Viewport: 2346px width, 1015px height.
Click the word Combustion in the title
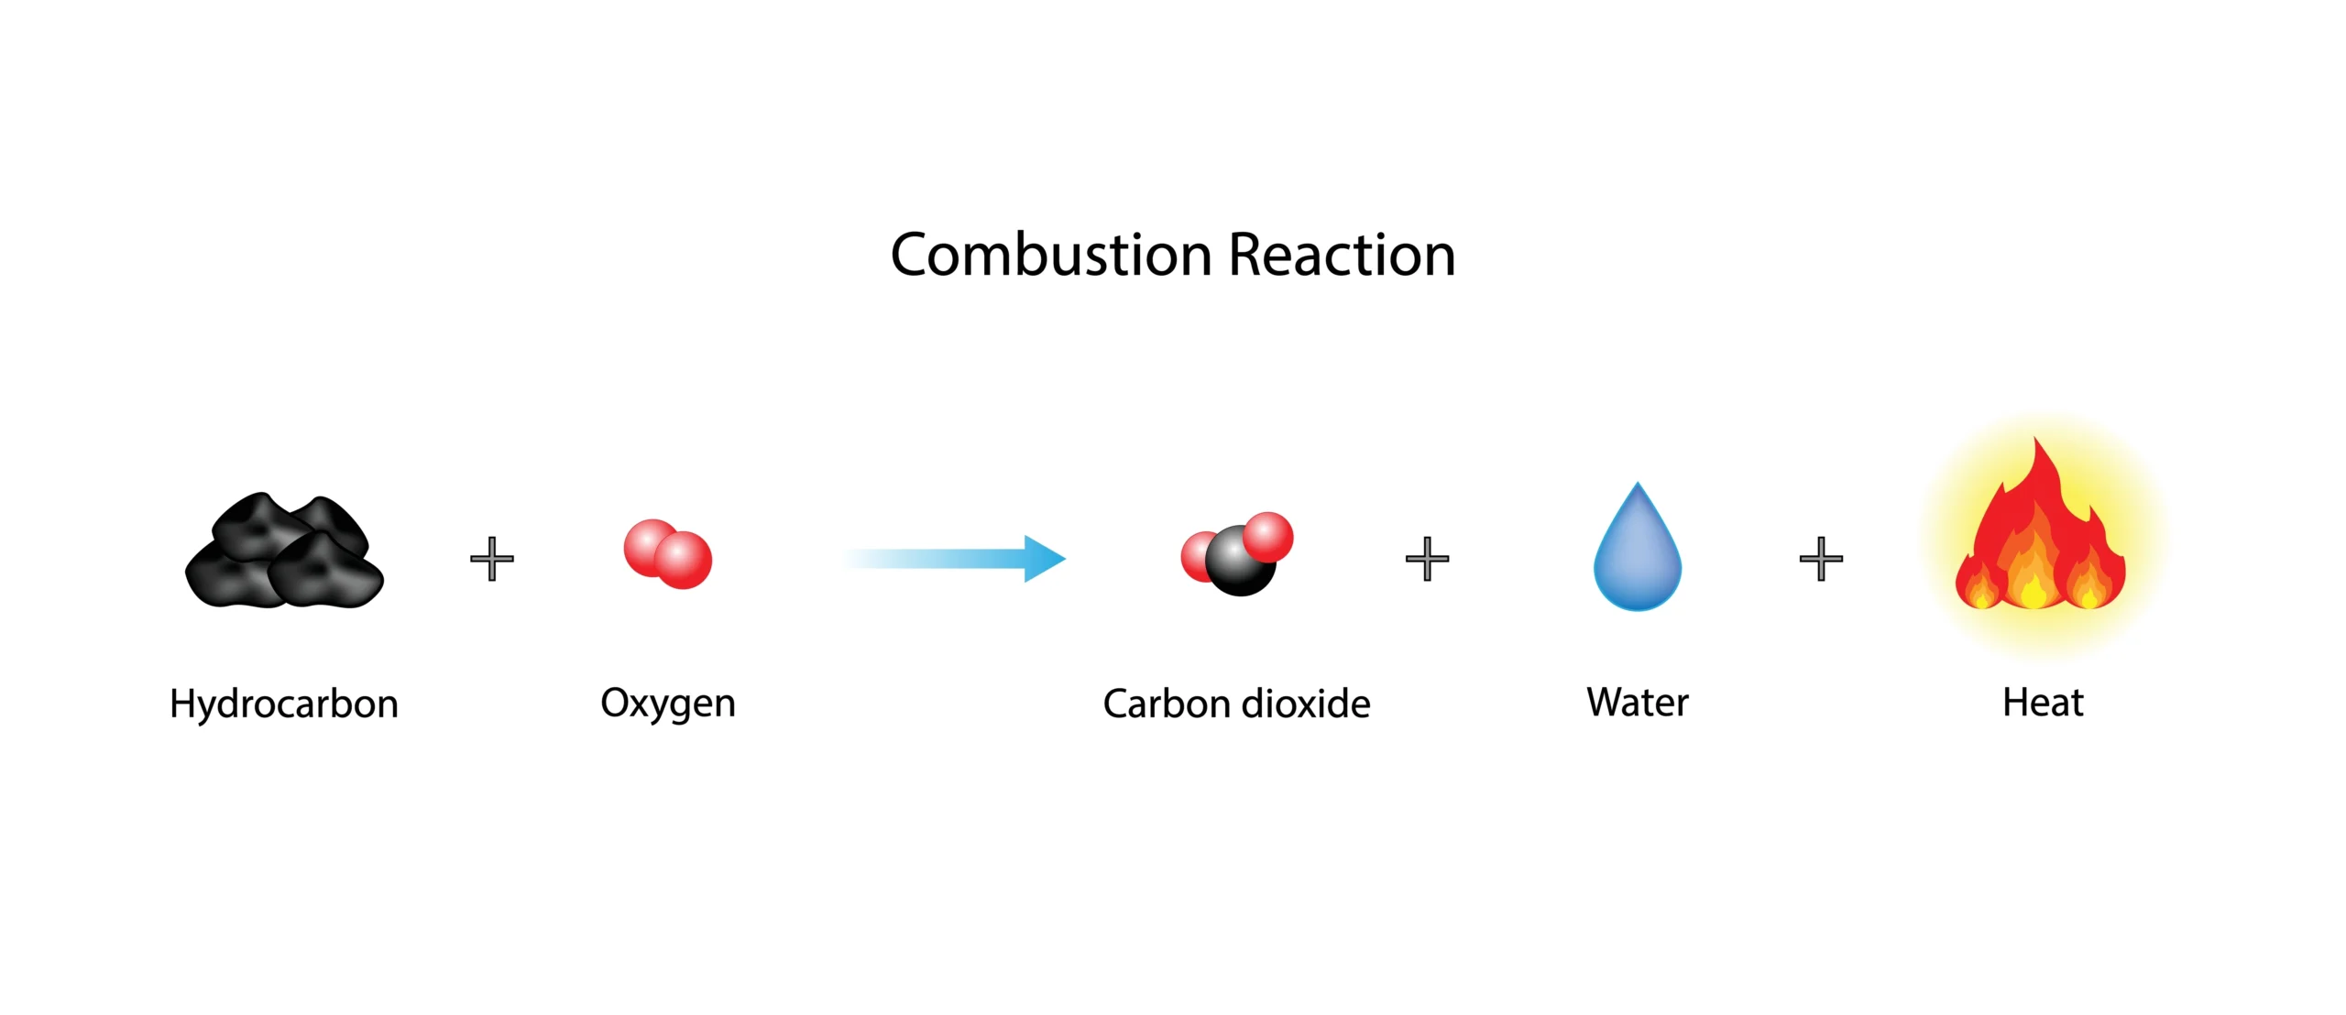pos(1051,255)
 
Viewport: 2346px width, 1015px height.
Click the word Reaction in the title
pos(1343,255)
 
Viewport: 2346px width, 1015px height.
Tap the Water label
pos(1638,704)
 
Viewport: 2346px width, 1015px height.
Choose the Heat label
pos(2044,704)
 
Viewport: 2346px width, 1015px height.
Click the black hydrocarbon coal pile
pos(284,550)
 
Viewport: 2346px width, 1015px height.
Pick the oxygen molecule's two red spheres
pos(668,554)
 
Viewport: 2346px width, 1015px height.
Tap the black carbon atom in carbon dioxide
pos(1240,561)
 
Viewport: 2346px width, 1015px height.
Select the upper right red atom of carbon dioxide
pos(1268,537)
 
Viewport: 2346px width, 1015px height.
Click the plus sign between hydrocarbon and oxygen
pos(492,559)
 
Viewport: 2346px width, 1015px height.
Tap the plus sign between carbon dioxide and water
pos(1428,559)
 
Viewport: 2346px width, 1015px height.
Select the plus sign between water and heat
pos(1822,559)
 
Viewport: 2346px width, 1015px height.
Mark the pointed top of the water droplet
pos(1638,482)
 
